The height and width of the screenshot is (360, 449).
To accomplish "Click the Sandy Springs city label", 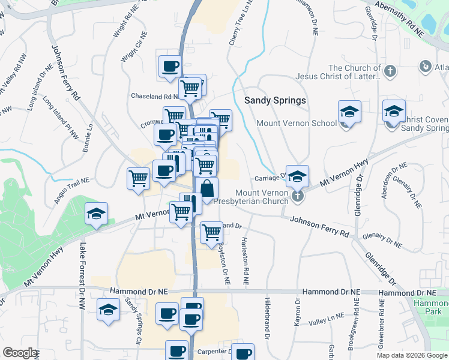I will [x=275, y=100].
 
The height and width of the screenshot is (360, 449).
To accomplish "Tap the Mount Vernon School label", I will [x=296, y=123].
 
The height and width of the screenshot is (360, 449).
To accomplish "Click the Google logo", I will [x=20, y=353].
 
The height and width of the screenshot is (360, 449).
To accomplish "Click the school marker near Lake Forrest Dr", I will [x=96, y=214].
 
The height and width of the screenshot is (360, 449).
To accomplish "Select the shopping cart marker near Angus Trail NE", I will [x=138, y=178].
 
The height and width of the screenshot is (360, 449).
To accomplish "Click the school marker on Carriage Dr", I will [x=297, y=176].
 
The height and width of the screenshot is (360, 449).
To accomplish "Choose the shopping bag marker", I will [x=206, y=188].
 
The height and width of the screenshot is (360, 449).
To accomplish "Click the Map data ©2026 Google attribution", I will [x=412, y=355].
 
